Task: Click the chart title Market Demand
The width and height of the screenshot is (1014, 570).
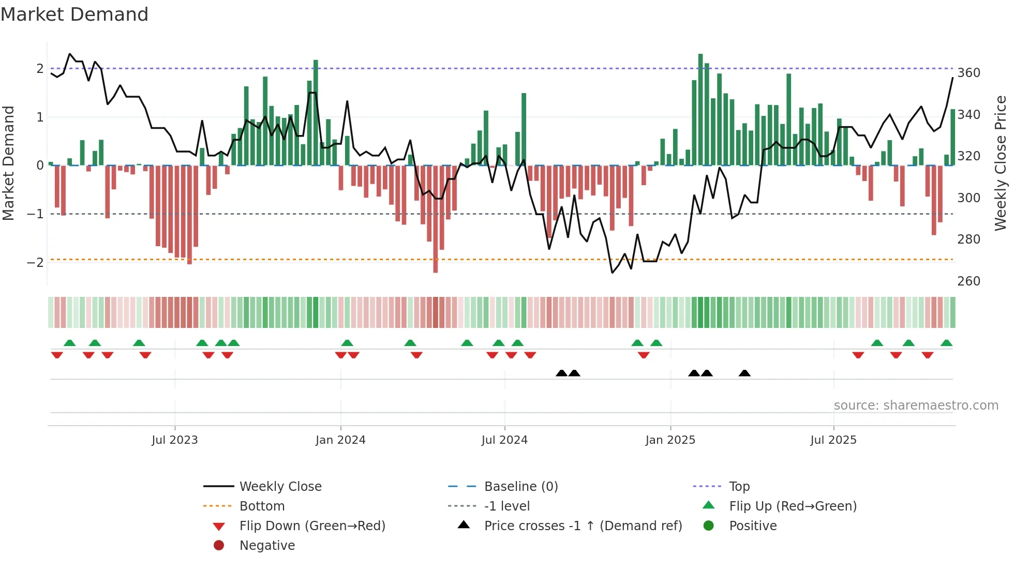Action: pos(74,14)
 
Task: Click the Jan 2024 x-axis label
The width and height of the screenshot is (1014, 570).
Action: pos(340,440)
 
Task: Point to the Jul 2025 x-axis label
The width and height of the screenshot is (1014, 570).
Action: pos(833,440)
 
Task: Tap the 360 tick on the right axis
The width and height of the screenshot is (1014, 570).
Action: pos(968,73)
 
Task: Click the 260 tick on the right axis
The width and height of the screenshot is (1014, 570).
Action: pos(968,281)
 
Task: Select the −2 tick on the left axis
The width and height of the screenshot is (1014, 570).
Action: pos(35,262)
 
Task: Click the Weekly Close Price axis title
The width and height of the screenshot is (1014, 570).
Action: pos(1001,163)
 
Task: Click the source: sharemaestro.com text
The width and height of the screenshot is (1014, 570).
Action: pos(916,406)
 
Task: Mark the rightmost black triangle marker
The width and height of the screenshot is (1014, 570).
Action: pos(744,373)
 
